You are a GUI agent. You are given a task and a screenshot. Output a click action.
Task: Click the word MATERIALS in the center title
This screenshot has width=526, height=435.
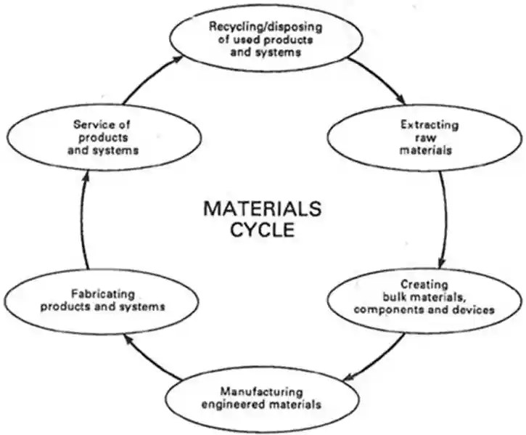coord(261,209)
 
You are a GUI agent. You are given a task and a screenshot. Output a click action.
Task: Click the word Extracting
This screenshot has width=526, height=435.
coord(429,125)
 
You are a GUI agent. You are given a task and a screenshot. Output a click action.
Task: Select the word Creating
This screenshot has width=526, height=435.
coord(424,284)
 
